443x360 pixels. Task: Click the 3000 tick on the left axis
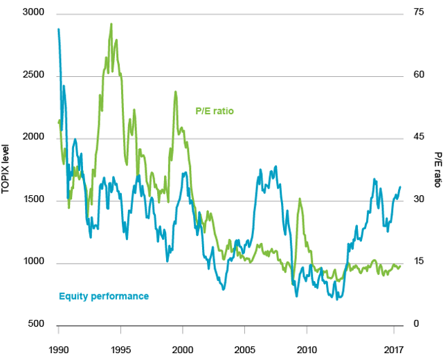(32, 13)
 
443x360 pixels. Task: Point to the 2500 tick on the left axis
(32, 75)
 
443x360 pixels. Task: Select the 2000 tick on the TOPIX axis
(32, 138)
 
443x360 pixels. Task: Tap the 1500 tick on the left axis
(32, 200)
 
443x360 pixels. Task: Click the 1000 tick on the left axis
(32, 262)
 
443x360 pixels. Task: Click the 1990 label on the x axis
(59, 349)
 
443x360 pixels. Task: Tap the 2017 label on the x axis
(393, 349)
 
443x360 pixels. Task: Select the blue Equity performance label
(104, 296)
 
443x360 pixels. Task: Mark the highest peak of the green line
(111, 24)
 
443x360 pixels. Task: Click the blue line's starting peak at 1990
(59, 29)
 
